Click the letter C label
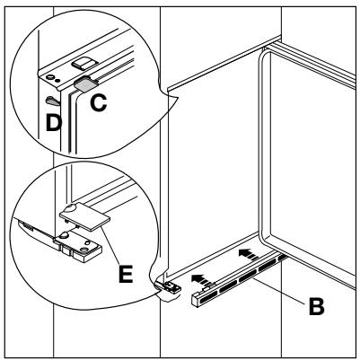[98, 103]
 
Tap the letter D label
[54, 123]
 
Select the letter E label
[126, 274]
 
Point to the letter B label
[316, 306]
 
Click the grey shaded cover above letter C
[85, 83]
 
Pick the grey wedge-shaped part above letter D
[53, 101]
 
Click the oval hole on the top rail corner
[50, 77]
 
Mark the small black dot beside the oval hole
[58, 80]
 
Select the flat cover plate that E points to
[85, 215]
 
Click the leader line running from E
[110, 245]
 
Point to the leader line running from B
[279, 290]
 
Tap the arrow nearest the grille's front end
[200, 278]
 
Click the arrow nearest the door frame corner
[248, 253]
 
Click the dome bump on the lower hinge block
[64, 235]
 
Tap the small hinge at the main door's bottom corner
[169, 287]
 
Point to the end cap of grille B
[196, 300]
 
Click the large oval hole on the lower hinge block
[84, 249]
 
